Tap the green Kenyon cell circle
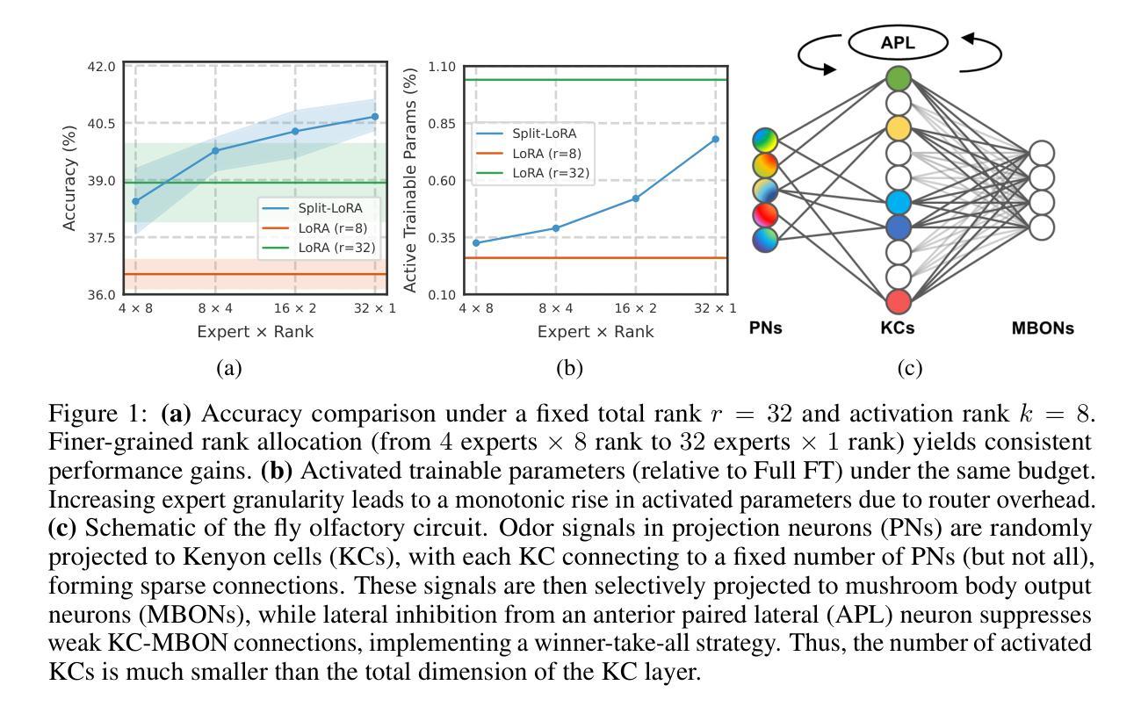(898, 78)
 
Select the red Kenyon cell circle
(898, 301)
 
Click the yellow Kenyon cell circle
(898, 128)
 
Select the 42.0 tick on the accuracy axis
(102, 67)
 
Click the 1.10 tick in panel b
(442, 67)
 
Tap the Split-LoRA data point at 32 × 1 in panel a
(375, 117)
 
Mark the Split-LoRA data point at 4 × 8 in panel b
(476, 243)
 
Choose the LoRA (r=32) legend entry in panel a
(336, 248)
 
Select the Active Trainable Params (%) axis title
(409, 180)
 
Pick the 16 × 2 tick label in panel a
(294, 308)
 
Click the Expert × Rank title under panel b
(596, 331)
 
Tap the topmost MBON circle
(1042, 154)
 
